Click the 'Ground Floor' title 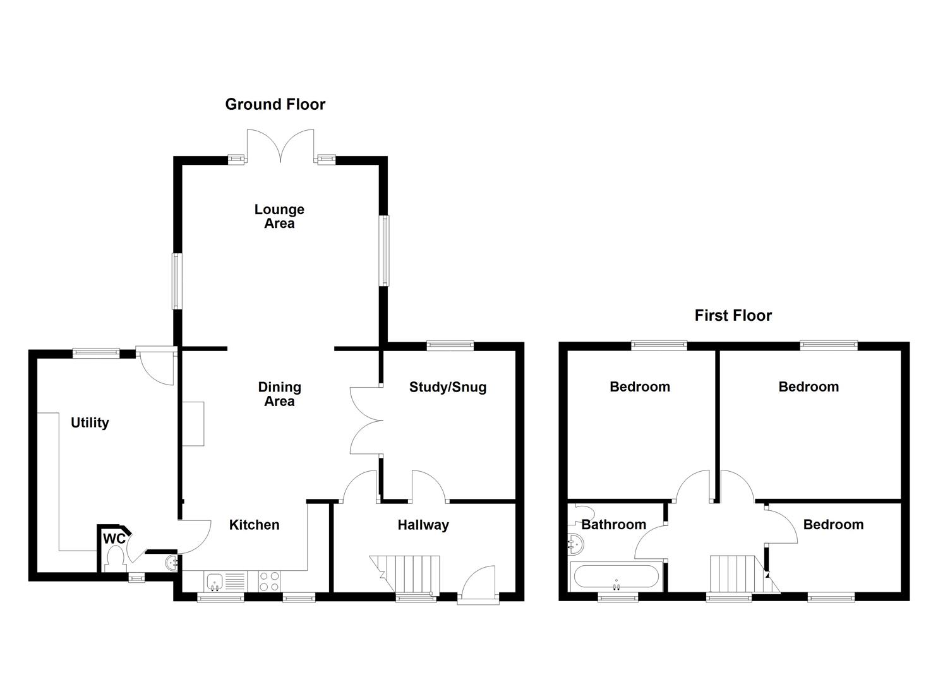275,104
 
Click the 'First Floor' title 733,315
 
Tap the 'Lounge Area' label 279,216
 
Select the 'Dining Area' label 279,394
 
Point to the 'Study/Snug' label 447,387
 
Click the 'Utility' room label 90,422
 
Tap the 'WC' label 114,539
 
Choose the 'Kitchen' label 254,525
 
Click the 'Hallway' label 423,525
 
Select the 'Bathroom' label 613,525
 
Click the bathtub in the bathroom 616,577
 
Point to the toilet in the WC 115,558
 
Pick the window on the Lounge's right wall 383,250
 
